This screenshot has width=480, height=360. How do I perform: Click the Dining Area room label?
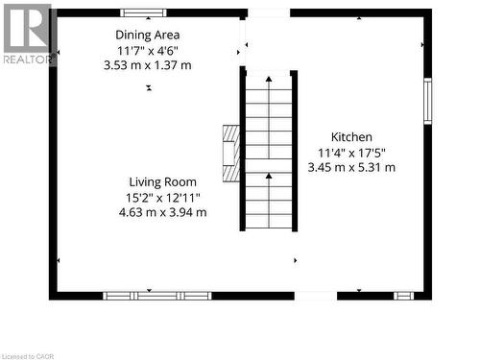pyautogui.click(x=147, y=35)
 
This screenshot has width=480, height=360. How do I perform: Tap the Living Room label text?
pyautogui.click(x=163, y=181)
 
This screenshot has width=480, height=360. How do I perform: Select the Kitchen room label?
pyautogui.click(x=351, y=137)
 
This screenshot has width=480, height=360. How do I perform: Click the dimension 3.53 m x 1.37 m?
pyautogui.click(x=147, y=64)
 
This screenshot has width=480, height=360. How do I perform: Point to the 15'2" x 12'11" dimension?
pyautogui.click(x=163, y=197)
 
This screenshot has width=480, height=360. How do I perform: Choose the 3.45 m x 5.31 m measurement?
pyautogui.click(x=351, y=167)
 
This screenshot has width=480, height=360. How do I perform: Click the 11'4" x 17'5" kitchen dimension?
pyautogui.click(x=351, y=152)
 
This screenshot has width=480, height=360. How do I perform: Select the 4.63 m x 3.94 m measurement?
pyautogui.click(x=163, y=212)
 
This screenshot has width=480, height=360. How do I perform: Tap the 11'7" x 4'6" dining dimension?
pyautogui.click(x=147, y=50)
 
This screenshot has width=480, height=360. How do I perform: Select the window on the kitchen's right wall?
pyautogui.click(x=428, y=101)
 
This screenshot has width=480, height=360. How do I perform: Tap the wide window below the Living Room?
pyautogui.click(x=157, y=295)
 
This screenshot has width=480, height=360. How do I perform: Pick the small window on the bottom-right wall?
pyautogui.click(x=404, y=295)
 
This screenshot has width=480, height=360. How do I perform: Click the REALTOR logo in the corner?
pyautogui.click(x=26, y=34)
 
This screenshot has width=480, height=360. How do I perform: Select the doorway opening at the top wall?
pyautogui.click(x=269, y=13)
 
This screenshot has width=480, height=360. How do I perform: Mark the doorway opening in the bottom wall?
pyautogui.click(x=315, y=295)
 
